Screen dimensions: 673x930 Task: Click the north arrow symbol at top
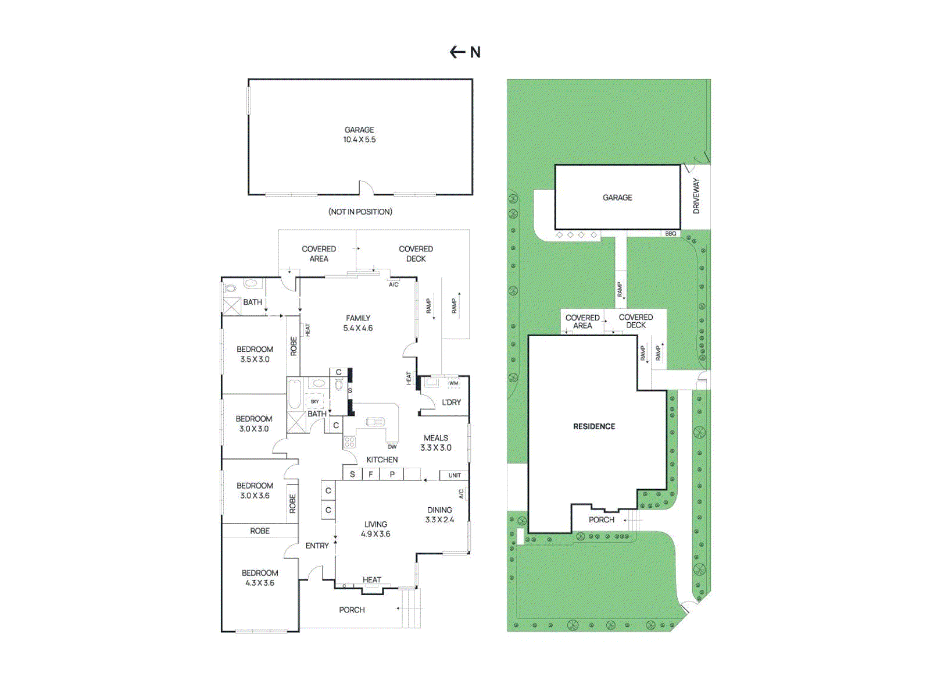tap(464, 52)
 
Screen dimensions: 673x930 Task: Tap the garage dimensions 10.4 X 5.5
tap(359, 140)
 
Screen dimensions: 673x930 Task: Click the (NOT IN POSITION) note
tap(360, 212)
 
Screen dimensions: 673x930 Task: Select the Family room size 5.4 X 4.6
tap(358, 328)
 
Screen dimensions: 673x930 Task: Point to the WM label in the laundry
tap(453, 383)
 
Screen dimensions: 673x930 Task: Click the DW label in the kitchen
tap(392, 447)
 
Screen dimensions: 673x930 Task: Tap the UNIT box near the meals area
tap(454, 475)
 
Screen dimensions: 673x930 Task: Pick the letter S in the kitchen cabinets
tap(352, 475)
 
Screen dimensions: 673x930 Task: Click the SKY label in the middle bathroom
tap(314, 401)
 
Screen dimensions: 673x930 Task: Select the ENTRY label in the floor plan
tap(317, 546)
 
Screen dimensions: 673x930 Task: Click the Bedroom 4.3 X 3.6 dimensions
tap(260, 583)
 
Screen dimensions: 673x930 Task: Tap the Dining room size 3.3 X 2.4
tap(439, 519)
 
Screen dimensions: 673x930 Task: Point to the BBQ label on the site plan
tap(670, 233)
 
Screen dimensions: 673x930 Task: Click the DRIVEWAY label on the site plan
tap(696, 195)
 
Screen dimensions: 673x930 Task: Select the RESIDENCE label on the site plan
tap(594, 426)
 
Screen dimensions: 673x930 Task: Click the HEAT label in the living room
tap(371, 579)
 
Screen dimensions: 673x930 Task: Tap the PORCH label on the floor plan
tap(352, 610)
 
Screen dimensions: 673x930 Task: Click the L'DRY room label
tap(451, 402)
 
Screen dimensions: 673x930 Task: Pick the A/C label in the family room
tap(394, 284)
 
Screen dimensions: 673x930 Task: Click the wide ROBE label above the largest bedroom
tap(260, 530)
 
